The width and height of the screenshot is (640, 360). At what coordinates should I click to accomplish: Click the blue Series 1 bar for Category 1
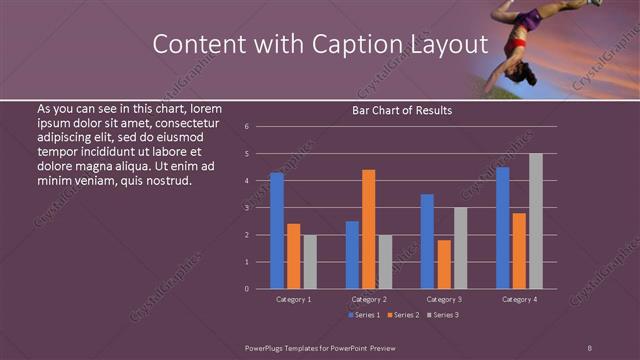click(x=276, y=230)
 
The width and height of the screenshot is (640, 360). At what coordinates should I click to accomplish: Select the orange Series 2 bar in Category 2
click(x=369, y=229)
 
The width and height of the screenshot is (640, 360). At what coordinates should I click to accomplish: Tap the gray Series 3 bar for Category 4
click(x=536, y=221)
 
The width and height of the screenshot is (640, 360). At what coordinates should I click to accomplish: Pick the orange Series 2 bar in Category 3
click(x=444, y=264)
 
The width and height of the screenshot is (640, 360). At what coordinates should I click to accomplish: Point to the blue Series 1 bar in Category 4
click(x=503, y=228)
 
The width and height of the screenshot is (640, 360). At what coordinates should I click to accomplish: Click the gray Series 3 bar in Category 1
click(x=310, y=262)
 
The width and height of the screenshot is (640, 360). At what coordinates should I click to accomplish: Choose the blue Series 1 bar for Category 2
click(x=352, y=255)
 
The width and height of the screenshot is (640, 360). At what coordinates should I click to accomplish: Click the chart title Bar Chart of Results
click(x=402, y=110)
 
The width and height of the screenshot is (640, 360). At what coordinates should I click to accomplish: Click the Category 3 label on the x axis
click(x=443, y=299)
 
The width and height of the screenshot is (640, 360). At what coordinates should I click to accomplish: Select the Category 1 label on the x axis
click(x=293, y=299)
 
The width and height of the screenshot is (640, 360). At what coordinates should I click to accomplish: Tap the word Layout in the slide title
click(x=448, y=45)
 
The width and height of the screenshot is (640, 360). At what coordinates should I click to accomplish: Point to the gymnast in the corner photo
click(x=525, y=40)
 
